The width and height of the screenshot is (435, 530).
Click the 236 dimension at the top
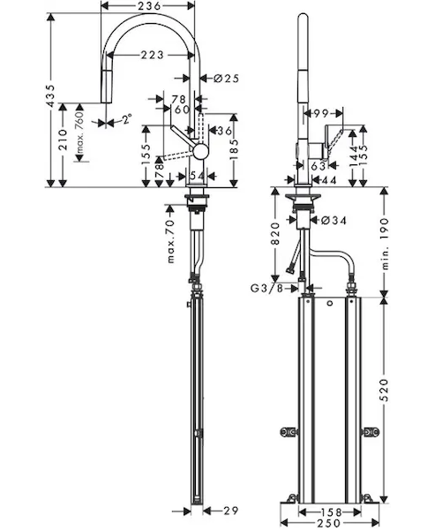[147, 6]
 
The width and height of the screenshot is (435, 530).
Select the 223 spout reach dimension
[153, 55]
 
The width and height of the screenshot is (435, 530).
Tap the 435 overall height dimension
[50, 96]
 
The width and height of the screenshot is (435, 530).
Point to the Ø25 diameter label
[227, 79]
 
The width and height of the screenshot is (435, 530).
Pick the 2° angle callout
[127, 119]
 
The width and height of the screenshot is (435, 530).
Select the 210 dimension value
[63, 140]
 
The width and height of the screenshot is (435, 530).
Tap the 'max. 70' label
[171, 242]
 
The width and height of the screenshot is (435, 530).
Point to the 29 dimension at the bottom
[231, 511]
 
